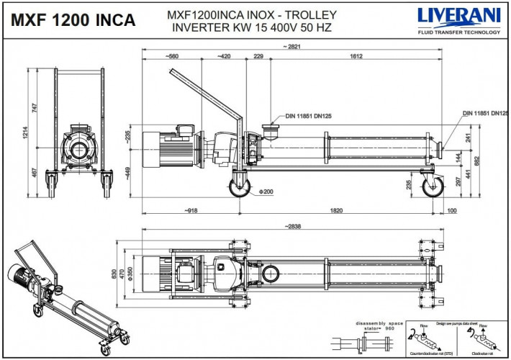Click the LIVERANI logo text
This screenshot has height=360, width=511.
pyautogui.click(x=458, y=16)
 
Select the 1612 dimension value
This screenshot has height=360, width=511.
pyautogui.click(x=356, y=55)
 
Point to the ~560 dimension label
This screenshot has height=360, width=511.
pyautogui.click(x=171, y=55)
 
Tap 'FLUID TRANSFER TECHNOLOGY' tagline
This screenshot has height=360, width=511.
pyautogui.click(x=458, y=32)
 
